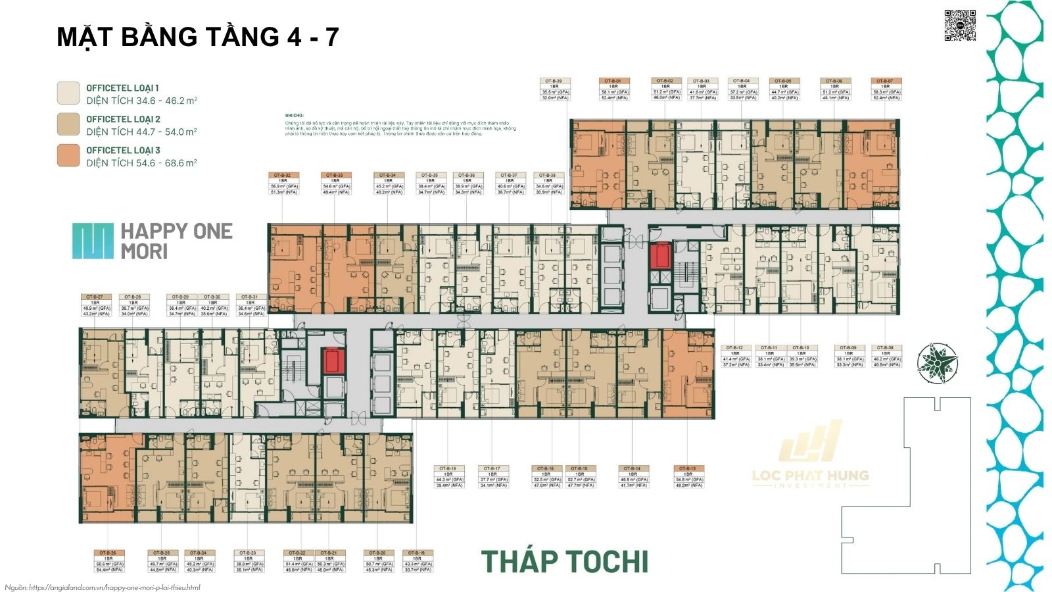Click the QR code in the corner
coord(959,26)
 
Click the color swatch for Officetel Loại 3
coord(68,156)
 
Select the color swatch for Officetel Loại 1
coord(68,93)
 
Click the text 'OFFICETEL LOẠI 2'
coord(123,119)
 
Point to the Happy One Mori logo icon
coord(93,241)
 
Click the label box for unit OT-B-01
coord(614,89)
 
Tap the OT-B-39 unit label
coord(555,89)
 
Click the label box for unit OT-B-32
coord(284,184)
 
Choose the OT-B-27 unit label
coord(95,305)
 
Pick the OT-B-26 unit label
coord(109,561)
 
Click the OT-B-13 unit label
coord(688,477)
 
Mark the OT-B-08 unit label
coord(886,356)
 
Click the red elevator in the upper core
coord(659,255)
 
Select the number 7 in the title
coord(331,37)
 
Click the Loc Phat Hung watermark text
coord(810,475)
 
